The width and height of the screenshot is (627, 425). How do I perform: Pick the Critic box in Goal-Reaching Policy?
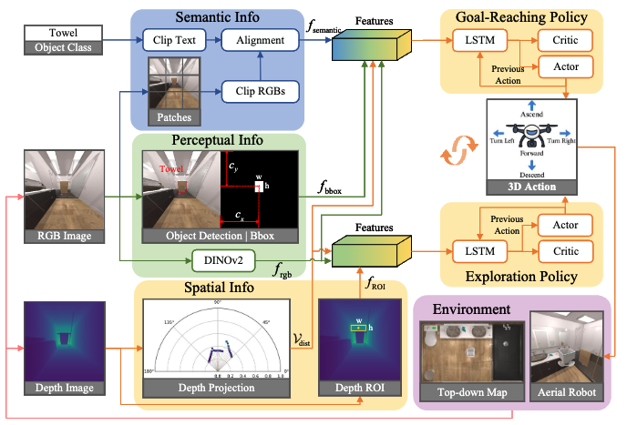[x=565, y=41]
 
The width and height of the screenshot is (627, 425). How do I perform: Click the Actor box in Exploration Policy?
[x=565, y=224]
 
